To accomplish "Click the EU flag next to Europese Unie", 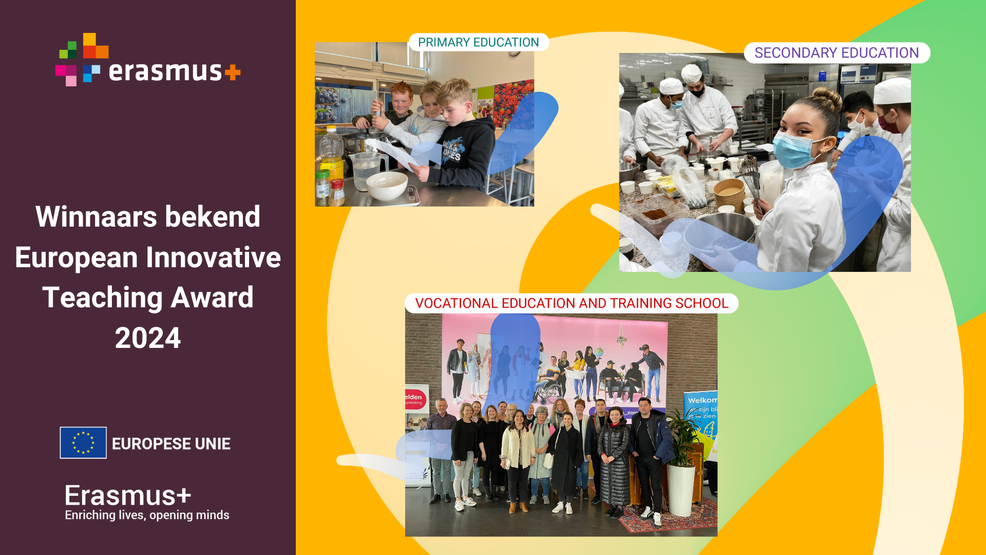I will click(83, 442).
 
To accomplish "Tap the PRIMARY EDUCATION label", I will click(478, 42).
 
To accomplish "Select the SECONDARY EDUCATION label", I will click(837, 53).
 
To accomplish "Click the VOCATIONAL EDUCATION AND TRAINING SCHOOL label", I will click(572, 303).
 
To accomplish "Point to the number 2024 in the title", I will click(148, 338).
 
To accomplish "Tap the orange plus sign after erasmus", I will click(233, 72).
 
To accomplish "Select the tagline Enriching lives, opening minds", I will click(147, 515).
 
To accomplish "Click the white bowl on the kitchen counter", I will click(387, 186).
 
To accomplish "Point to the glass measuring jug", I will click(367, 169).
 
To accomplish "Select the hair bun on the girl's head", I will click(827, 98).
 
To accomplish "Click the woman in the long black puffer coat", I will click(614, 457).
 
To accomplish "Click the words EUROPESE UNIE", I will click(171, 443).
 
